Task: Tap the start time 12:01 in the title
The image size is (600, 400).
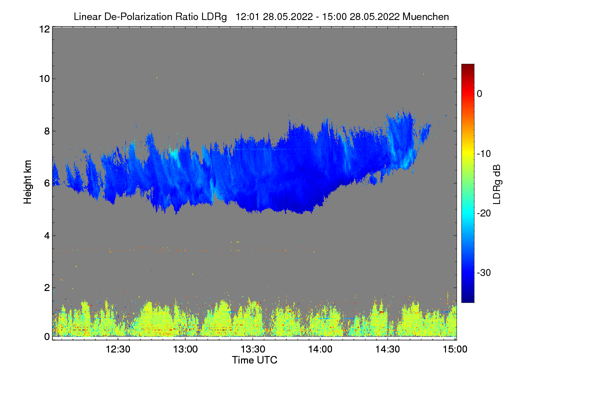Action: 246,16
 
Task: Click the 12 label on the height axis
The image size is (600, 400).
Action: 44,29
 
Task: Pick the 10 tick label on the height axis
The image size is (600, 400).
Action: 44,78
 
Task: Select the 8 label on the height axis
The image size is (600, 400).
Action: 46,131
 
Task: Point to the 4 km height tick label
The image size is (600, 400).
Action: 46,235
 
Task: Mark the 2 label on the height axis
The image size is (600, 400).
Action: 46,287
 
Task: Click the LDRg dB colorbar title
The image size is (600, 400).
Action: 496,183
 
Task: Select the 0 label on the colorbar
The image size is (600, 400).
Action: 479,93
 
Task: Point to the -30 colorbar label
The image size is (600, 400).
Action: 484,273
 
